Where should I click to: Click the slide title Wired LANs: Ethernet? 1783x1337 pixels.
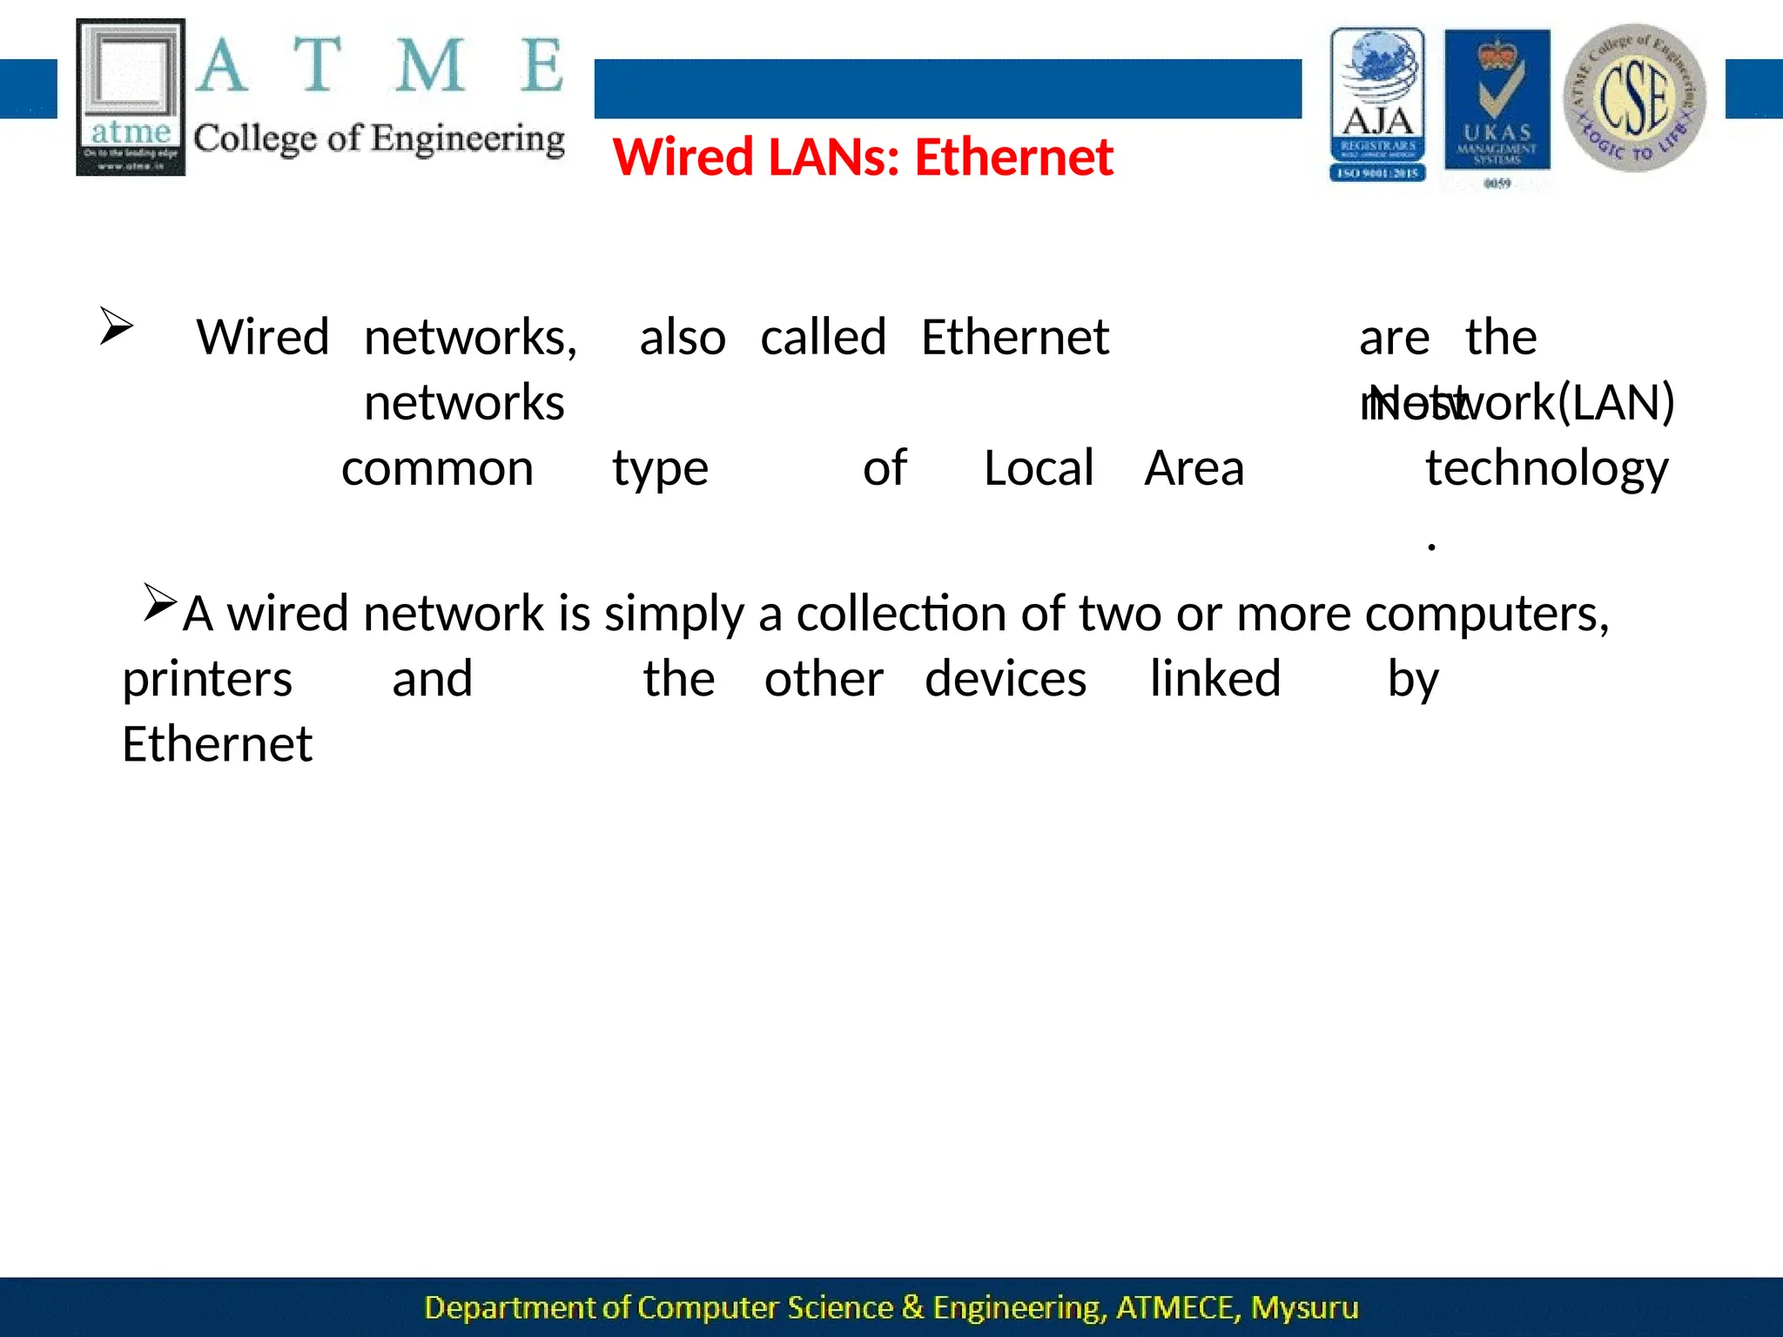[863, 158]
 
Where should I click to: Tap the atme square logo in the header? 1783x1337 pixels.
[131, 97]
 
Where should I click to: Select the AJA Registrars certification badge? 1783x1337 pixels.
[1377, 104]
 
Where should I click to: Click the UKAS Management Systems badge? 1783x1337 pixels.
[1497, 104]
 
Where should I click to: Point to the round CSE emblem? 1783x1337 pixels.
[1634, 97]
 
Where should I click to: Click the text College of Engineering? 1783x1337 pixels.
[379, 139]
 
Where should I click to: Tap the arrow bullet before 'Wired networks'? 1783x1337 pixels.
[116, 326]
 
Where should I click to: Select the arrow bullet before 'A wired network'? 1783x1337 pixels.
[160, 602]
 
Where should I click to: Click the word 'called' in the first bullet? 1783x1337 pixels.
[823, 338]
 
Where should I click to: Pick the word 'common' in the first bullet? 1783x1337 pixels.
[437, 469]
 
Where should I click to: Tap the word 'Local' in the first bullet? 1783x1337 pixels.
[1039, 469]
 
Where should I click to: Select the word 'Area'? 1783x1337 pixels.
[1194, 469]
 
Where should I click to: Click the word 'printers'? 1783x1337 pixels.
[207, 681]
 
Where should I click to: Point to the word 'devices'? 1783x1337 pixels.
[1006, 680]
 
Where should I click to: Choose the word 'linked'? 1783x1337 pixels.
[1215, 679]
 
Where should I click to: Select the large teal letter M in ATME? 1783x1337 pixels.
[429, 65]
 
